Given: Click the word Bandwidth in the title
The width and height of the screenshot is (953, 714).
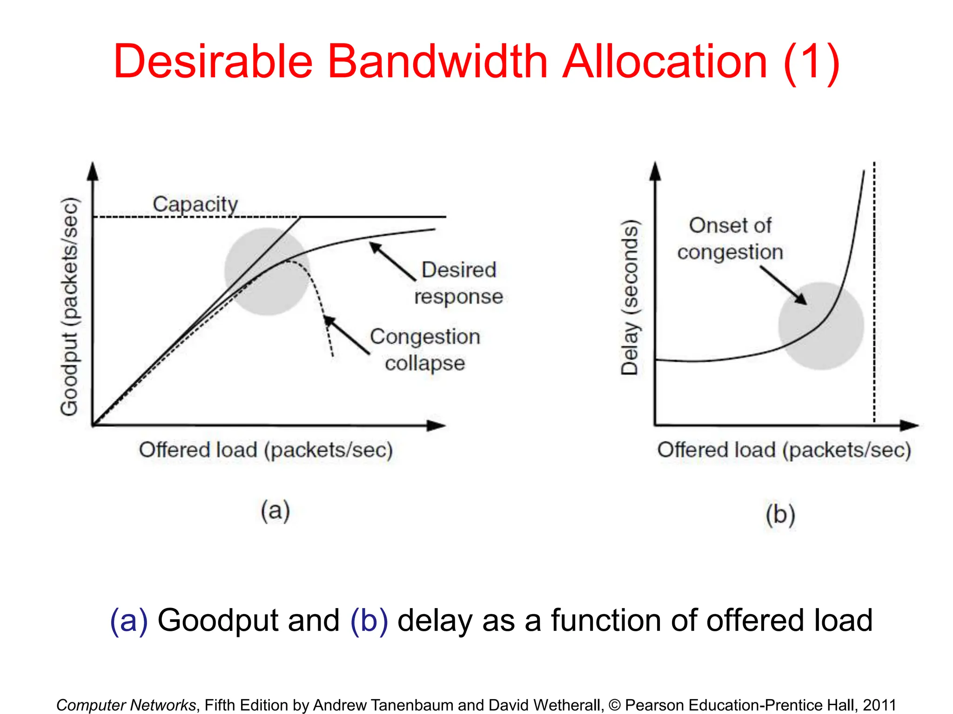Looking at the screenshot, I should (x=437, y=62).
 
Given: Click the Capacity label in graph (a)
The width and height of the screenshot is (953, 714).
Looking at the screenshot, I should (x=195, y=204).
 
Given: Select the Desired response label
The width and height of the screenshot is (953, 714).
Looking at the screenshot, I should (x=458, y=283).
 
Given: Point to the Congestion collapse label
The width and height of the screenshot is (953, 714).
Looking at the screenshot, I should (x=425, y=350).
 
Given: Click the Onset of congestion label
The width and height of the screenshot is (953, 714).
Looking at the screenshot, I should (x=730, y=238).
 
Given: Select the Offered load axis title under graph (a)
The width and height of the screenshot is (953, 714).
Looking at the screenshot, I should (x=266, y=450).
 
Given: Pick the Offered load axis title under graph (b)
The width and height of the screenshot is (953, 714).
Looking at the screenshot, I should (x=784, y=450).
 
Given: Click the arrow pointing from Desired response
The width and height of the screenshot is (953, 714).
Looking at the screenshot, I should (x=392, y=261).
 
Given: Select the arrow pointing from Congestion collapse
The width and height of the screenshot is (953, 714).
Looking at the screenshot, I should (x=346, y=335).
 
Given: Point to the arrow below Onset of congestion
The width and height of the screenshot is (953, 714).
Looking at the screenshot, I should (x=784, y=285).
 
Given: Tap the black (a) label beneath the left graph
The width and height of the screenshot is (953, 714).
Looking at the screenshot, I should (x=275, y=511).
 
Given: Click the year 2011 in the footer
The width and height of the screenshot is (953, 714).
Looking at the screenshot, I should (x=879, y=705).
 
